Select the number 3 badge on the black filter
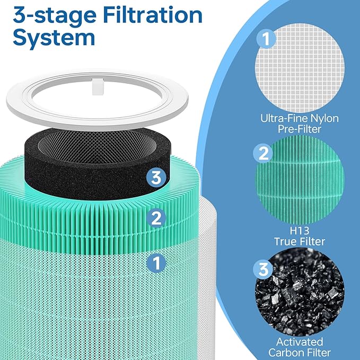[154, 178]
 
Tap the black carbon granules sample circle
[300, 300]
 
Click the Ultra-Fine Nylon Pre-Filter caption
[300, 124]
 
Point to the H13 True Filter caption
[300, 236]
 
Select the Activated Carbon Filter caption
[300, 347]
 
